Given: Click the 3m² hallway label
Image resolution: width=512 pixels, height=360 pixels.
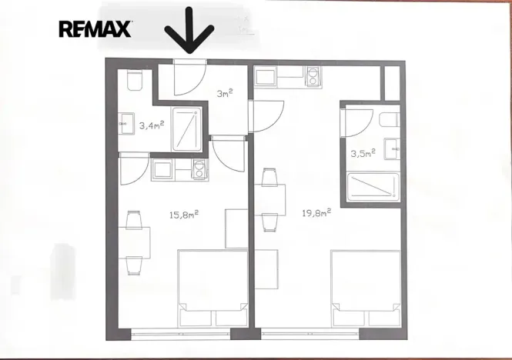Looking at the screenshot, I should (223, 94).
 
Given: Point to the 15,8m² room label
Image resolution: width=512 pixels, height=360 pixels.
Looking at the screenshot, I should (185, 215).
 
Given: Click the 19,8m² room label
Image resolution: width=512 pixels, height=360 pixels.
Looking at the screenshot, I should (315, 212).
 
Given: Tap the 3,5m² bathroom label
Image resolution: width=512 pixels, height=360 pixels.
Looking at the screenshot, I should (362, 153).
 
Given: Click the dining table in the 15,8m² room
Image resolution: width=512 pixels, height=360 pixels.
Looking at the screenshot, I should (134, 242).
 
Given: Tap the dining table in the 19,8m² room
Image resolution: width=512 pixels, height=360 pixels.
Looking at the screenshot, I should (268, 200).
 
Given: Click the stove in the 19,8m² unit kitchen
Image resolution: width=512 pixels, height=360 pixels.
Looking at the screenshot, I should (315, 76).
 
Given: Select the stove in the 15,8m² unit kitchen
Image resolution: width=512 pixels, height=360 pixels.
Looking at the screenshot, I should (198, 171).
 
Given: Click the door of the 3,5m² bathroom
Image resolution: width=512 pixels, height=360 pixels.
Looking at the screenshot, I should (357, 119).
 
